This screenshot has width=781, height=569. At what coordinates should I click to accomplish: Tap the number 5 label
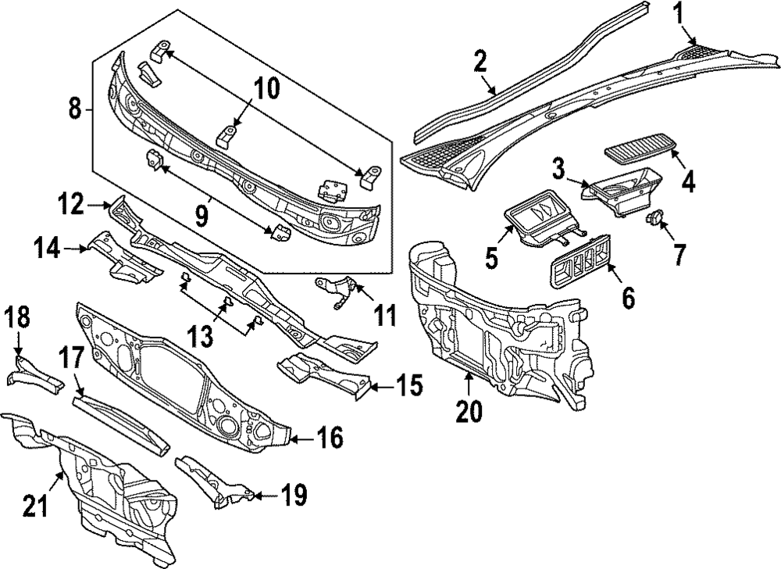point(491,257)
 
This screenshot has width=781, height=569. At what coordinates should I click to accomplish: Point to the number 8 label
point(75,109)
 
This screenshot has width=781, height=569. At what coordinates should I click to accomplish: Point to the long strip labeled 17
point(121,421)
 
